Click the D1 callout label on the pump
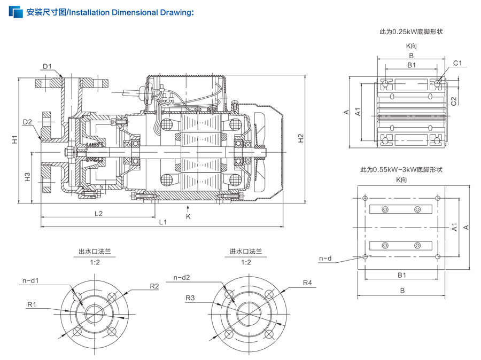pyautogui.click(x=47, y=67)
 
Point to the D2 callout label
pyautogui.click(x=27, y=122)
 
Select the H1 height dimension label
pyautogui.click(x=15, y=139)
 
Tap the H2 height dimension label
pyautogui.click(x=300, y=138)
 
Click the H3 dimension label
pyautogui.click(x=27, y=177)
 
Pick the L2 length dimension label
pyautogui.click(x=98, y=214)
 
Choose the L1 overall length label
pyautogui.click(x=163, y=222)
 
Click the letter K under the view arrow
pyautogui.click(x=188, y=216)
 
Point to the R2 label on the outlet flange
pyautogui.click(x=154, y=286)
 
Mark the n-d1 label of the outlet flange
pyautogui.click(x=30, y=280)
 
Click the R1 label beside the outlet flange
pyautogui.click(x=32, y=304)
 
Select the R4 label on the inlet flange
pyautogui.click(x=307, y=283)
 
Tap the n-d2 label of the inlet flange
pyautogui.click(x=182, y=278)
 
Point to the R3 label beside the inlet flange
pyautogui.click(x=190, y=298)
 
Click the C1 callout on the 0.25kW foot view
pyautogui.click(x=457, y=63)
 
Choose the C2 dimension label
pyautogui.click(x=454, y=101)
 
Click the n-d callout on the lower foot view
pyautogui.click(x=325, y=259)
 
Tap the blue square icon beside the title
pyautogui.click(x=15, y=12)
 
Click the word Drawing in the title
pyautogui.click(x=177, y=13)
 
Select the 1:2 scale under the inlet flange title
pyautogui.click(x=246, y=262)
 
